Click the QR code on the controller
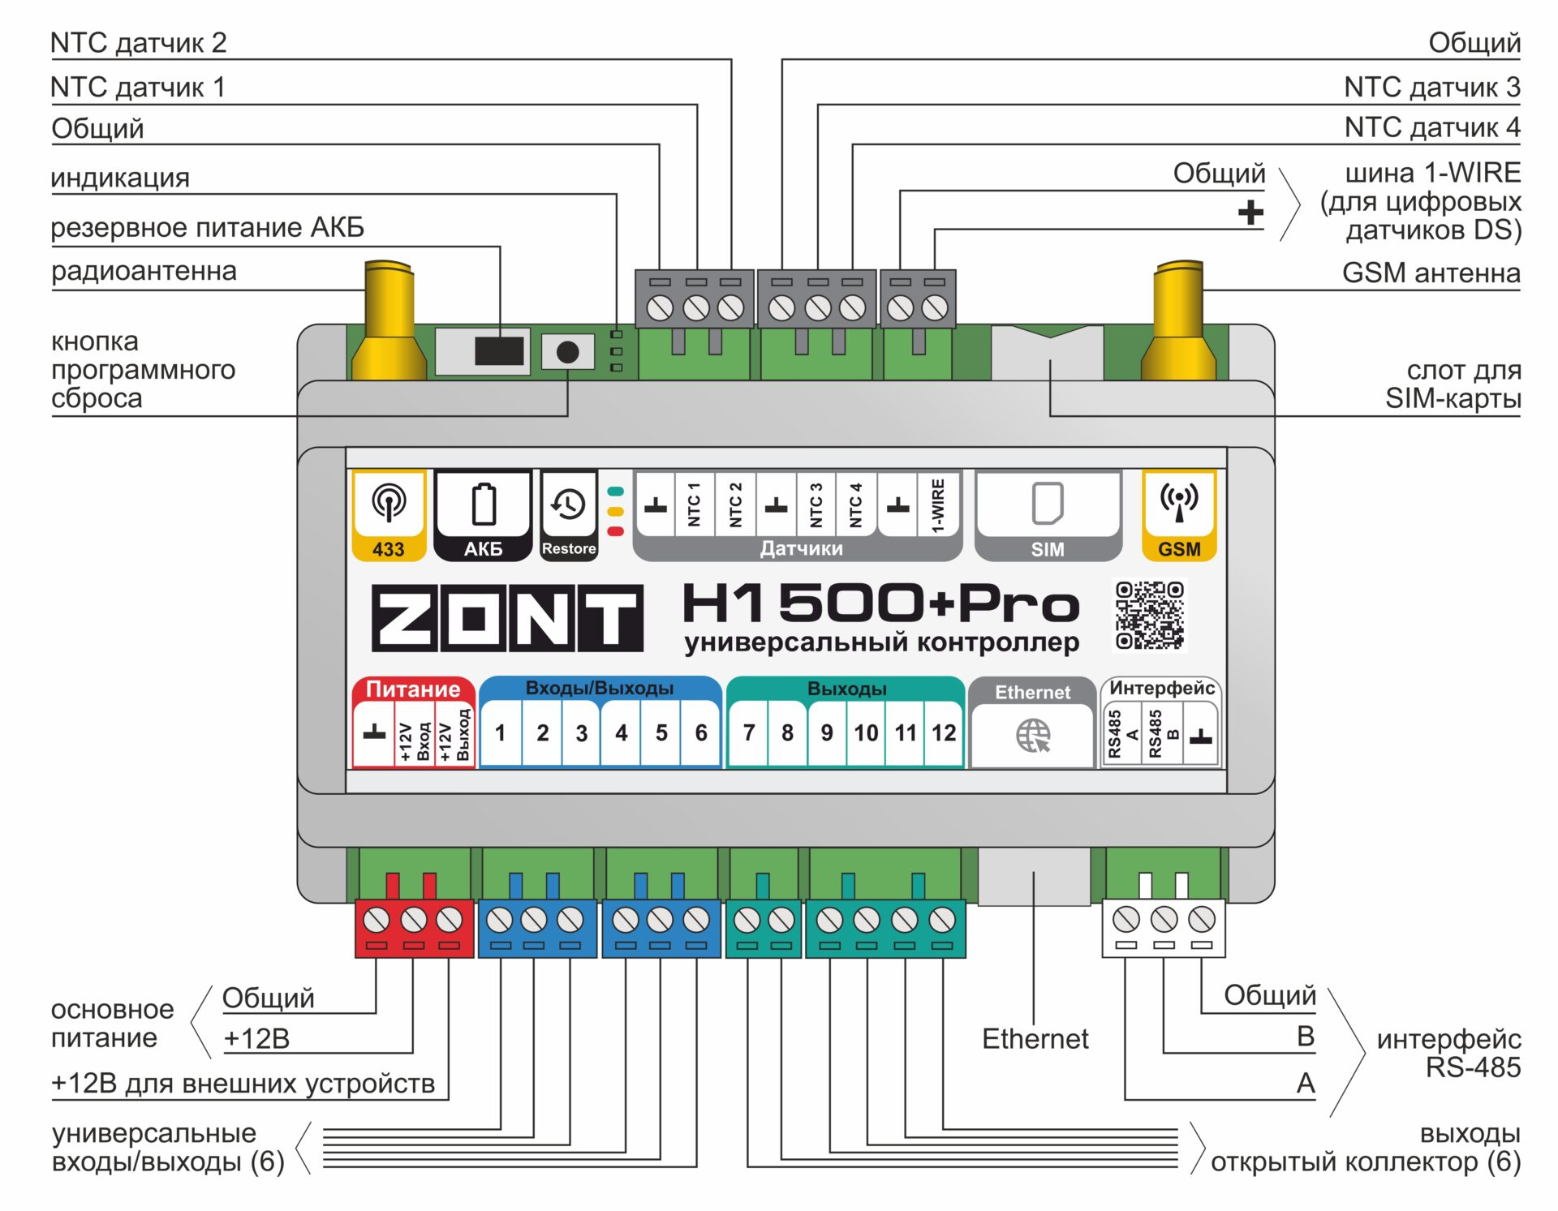coord(1149,615)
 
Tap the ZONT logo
coord(507,618)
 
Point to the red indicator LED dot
coord(616,531)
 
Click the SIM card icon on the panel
coord(1048,504)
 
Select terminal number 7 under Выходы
coord(748,733)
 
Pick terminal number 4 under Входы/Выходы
coord(621,733)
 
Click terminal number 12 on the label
coord(943,733)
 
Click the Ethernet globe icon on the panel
coord(1033,736)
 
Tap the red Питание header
coord(413,689)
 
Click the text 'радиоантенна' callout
coord(144,271)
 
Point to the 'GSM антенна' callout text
coord(1431,273)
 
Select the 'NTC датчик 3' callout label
coord(1431,87)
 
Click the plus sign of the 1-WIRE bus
coord(1250,213)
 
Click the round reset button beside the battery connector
coord(568,352)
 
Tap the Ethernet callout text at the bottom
coord(1035,1038)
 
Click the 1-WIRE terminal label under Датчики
coord(938,505)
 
